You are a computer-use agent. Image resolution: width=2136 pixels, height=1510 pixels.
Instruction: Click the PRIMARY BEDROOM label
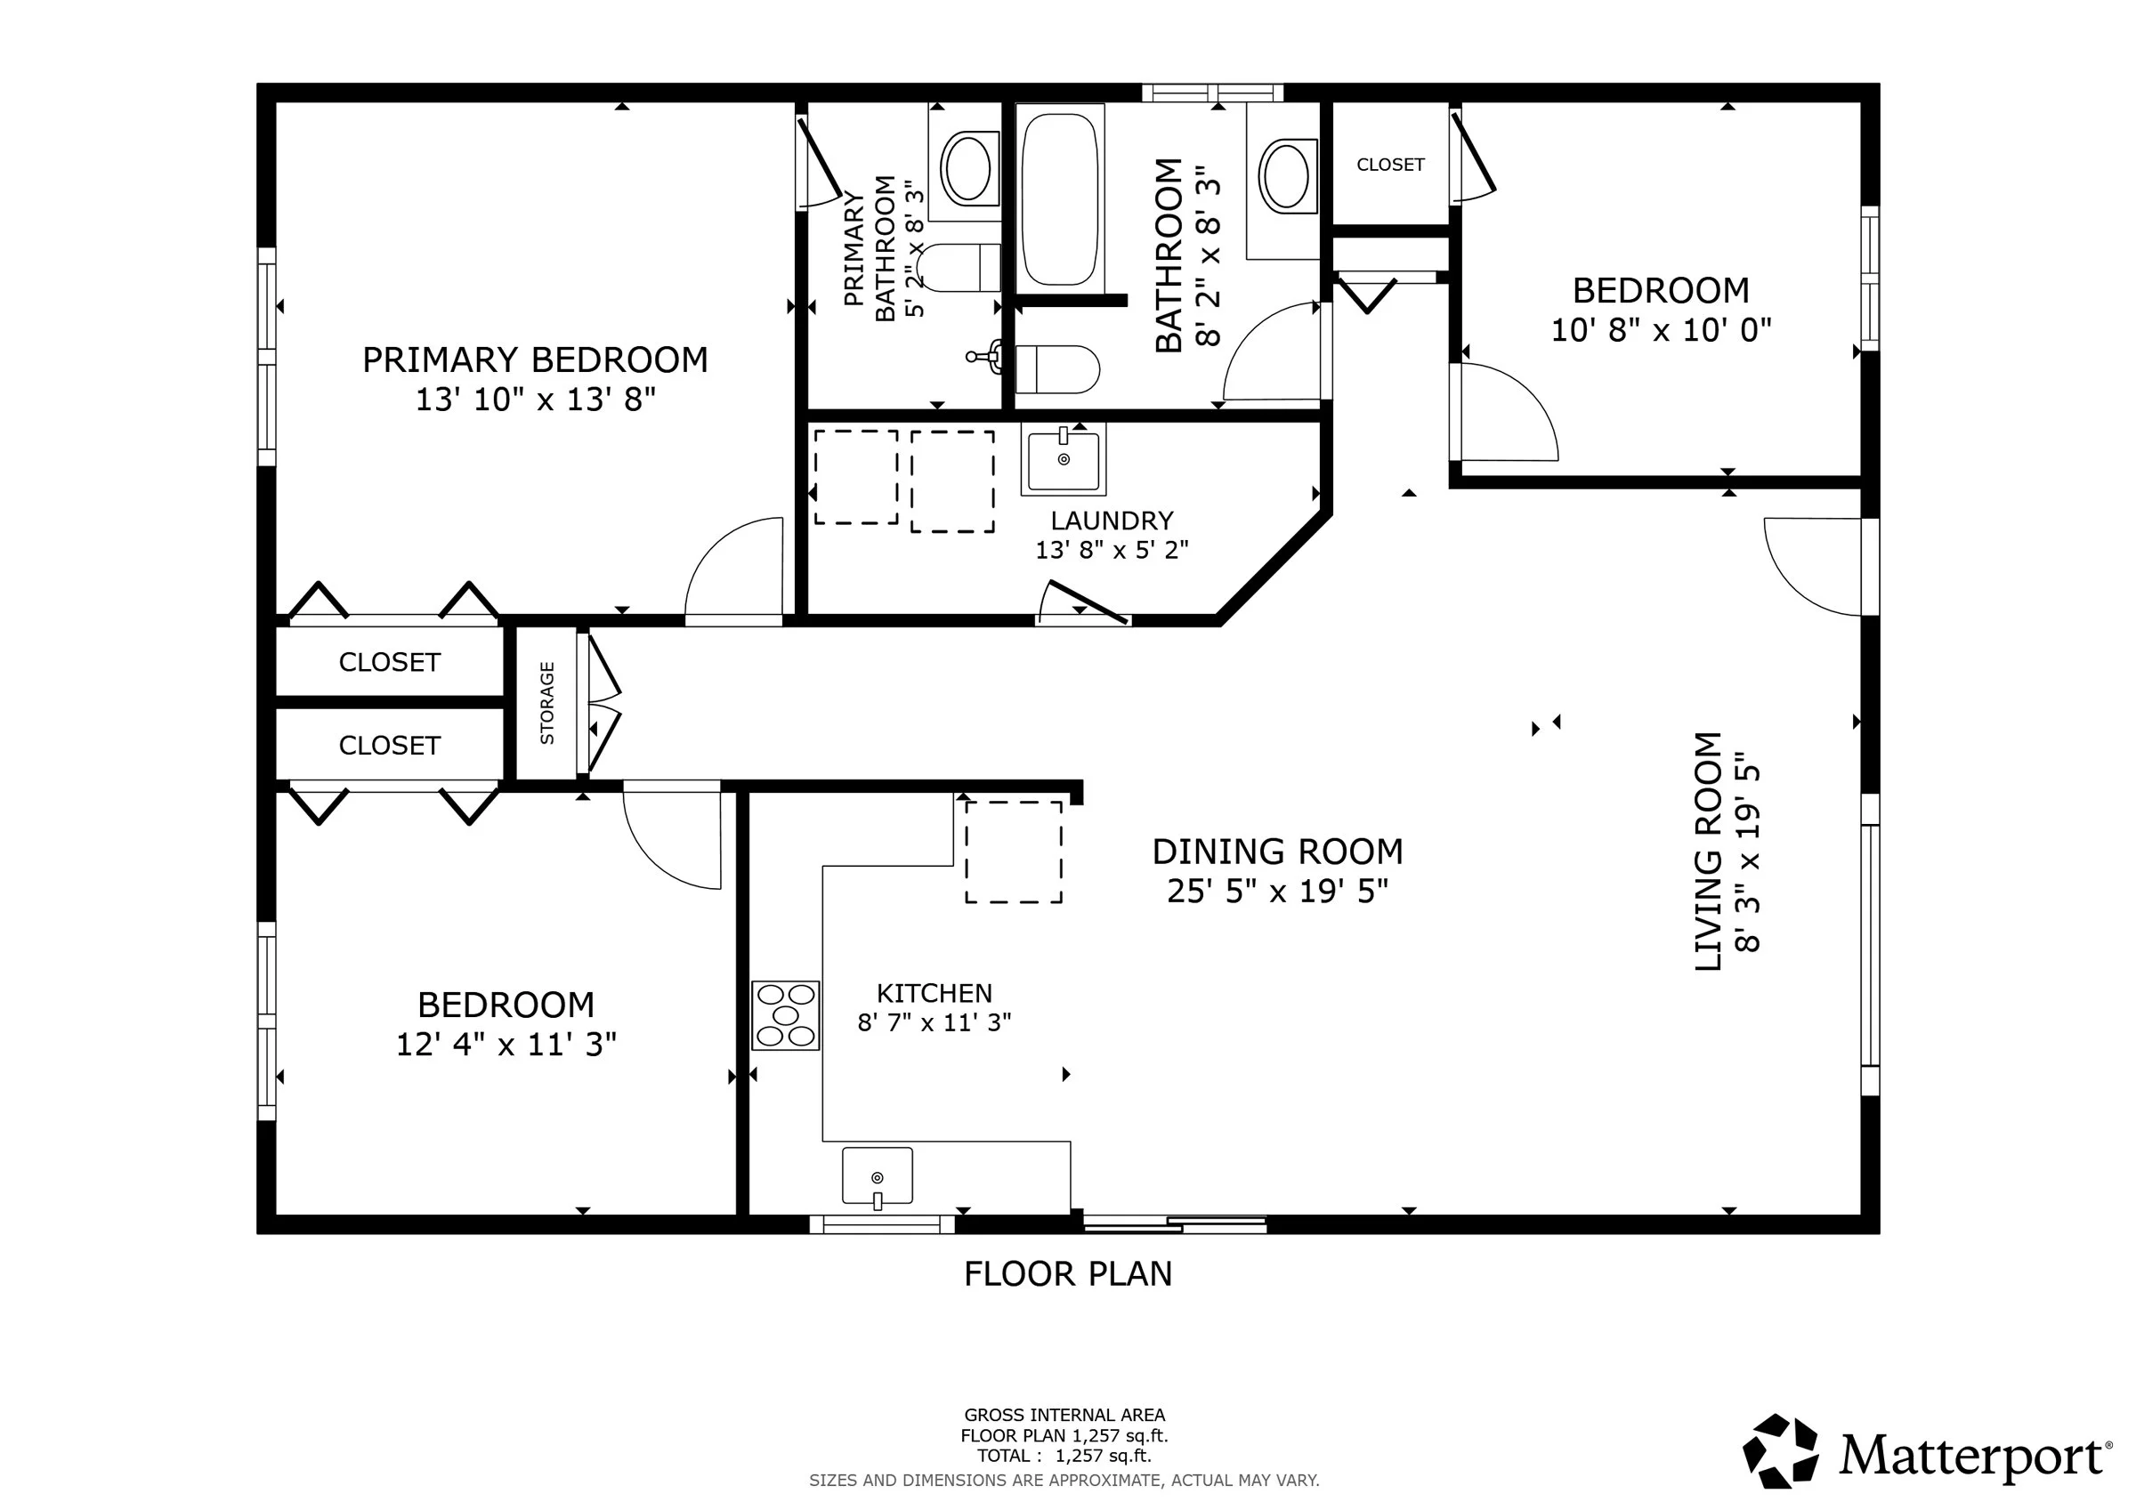click(535, 360)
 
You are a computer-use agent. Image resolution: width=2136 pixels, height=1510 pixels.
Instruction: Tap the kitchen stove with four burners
click(785, 1015)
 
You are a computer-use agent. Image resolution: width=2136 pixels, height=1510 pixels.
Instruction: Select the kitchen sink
click(878, 1177)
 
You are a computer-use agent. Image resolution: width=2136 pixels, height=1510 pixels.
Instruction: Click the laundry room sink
click(1064, 458)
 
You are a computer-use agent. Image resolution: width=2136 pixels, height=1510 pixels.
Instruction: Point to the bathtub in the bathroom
click(1060, 199)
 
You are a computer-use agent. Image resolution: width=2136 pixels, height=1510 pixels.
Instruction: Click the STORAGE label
click(547, 702)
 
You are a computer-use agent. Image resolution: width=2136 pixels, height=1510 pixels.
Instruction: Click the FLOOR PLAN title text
click(1068, 1273)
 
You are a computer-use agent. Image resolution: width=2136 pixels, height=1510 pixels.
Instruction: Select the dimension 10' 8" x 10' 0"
click(1661, 330)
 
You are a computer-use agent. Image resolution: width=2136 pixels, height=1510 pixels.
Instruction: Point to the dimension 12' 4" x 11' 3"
click(506, 1045)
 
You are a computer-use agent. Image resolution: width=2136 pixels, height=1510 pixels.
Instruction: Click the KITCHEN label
click(934, 994)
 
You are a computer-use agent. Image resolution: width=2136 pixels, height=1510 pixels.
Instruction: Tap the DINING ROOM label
click(1277, 852)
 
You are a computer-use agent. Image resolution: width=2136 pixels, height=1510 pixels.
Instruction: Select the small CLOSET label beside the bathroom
click(1390, 165)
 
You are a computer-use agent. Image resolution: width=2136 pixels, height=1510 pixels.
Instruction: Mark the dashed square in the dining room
click(1013, 852)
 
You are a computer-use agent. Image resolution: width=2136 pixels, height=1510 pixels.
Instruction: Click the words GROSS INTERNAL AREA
click(1064, 1415)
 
